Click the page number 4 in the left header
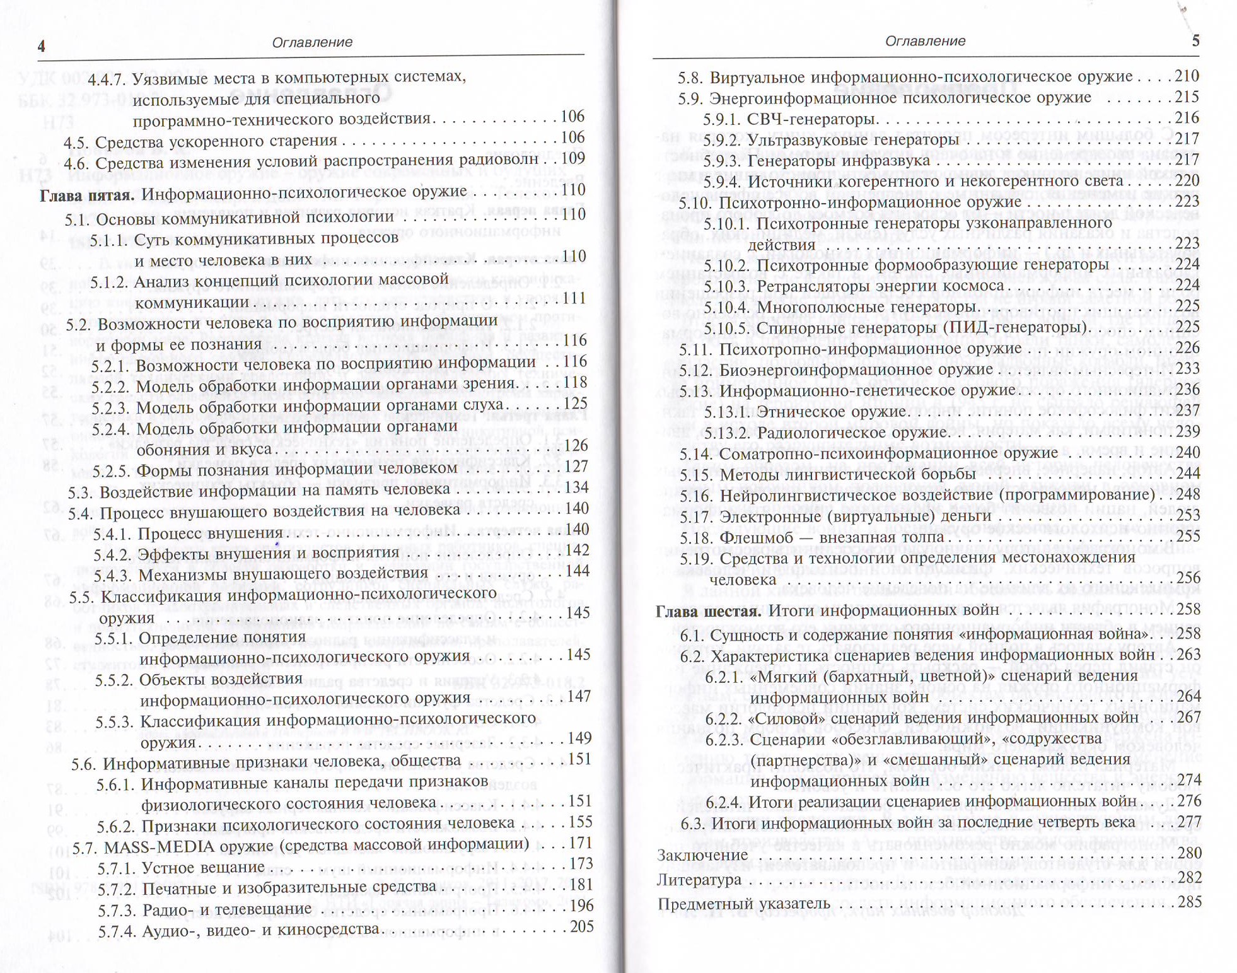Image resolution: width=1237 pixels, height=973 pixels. click(42, 45)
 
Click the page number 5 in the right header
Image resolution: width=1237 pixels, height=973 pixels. click(1195, 42)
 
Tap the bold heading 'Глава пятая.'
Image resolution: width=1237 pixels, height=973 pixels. click(87, 195)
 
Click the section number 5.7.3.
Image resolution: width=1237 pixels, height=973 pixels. click(117, 910)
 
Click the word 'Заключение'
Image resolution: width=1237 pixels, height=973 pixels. click(702, 855)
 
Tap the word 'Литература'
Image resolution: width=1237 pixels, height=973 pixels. click(699, 879)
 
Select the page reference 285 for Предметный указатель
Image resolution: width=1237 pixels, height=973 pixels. click(1188, 902)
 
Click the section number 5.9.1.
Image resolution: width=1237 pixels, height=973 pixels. click(722, 119)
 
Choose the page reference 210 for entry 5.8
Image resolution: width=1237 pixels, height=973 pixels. click(1186, 76)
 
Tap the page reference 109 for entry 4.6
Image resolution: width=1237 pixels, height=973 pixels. click(572, 158)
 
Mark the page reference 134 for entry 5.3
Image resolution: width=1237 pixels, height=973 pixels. click(575, 487)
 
